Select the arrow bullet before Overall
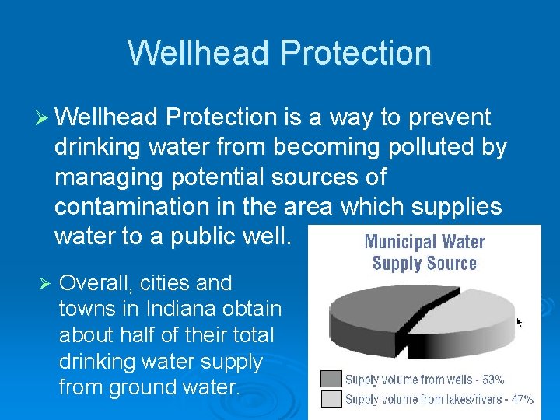click(44, 282)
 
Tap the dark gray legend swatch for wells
click(331, 380)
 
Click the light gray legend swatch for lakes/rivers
click(331, 399)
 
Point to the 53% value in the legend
click(492, 380)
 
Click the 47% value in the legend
click(521, 400)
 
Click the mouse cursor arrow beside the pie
click(520, 321)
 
